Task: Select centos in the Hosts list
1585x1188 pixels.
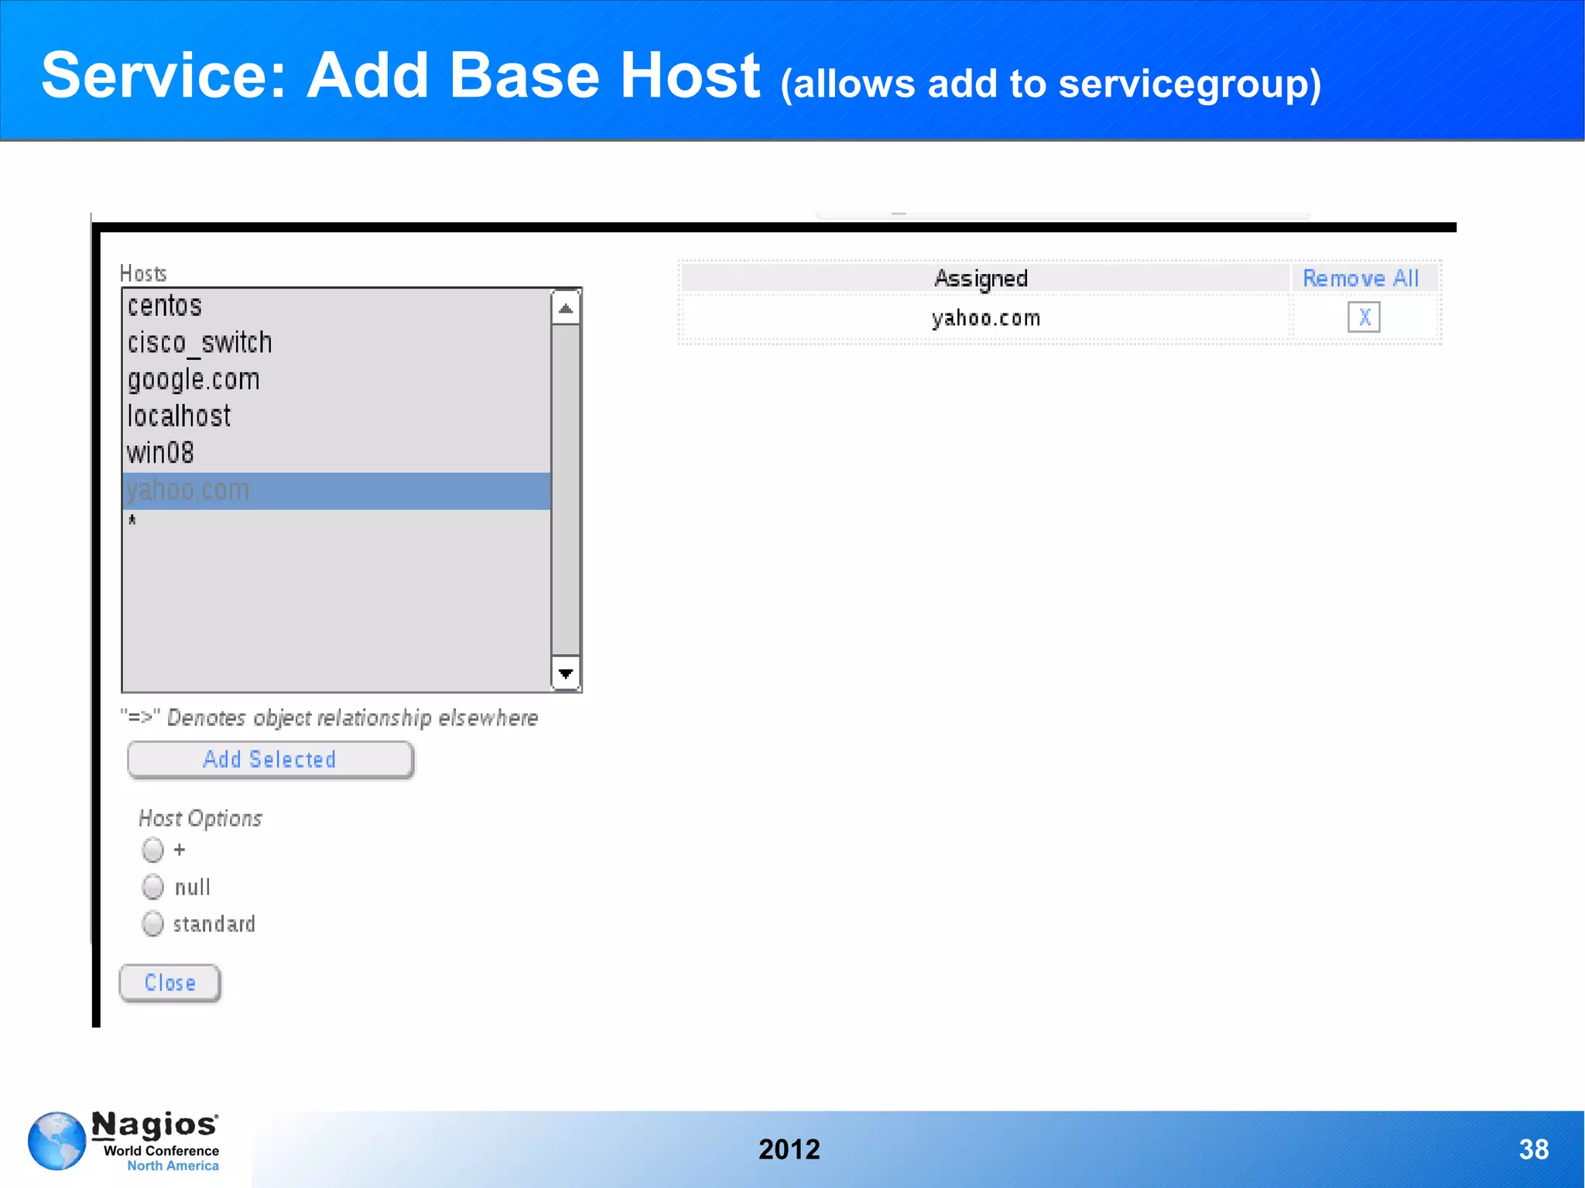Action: click(165, 306)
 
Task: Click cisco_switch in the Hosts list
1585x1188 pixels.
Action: click(200, 343)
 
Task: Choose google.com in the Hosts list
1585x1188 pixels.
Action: click(193, 379)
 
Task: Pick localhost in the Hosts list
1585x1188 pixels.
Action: click(179, 416)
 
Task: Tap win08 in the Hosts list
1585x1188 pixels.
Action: click(160, 453)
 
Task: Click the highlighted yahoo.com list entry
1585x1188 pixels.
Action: click(188, 491)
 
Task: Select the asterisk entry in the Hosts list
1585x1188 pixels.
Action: click(132, 521)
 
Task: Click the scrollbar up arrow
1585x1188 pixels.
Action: click(566, 308)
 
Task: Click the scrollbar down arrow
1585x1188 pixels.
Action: click(566, 673)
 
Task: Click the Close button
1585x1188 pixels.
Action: click(170, 983)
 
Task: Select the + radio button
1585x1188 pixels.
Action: click(153, 850)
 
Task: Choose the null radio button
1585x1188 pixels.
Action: click(153, 887)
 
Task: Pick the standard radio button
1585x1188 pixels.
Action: click(153, 923)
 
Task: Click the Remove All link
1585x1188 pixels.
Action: click(1361, 279)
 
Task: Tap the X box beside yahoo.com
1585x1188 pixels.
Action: click(1364, 317)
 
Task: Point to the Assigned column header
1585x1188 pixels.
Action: click(981, 279)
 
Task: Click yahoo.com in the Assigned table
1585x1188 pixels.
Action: click(986, 318)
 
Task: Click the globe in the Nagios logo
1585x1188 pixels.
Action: click(56, 1141)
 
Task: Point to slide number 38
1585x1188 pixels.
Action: click(1533, 1149)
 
